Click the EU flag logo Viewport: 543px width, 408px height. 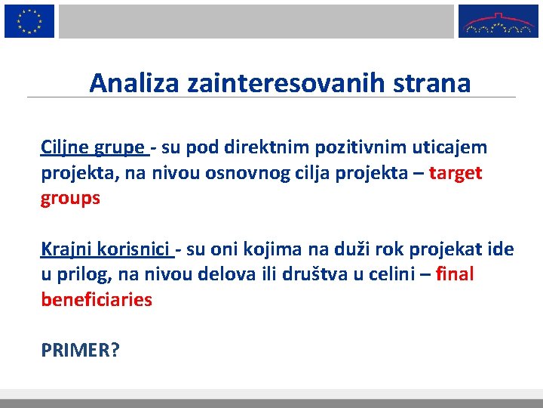(x=29, y=20)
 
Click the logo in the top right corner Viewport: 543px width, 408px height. (x=498, y=20)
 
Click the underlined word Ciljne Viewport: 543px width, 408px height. (x=63, y=147)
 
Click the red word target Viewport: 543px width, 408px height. (x=456, y=173)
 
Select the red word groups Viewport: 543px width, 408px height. (x=70, y=199)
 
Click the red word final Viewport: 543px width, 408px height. (x=456, y=274)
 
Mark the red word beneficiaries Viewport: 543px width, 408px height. (x=97, y=300)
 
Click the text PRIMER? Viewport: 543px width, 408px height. (x=80, y=351)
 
